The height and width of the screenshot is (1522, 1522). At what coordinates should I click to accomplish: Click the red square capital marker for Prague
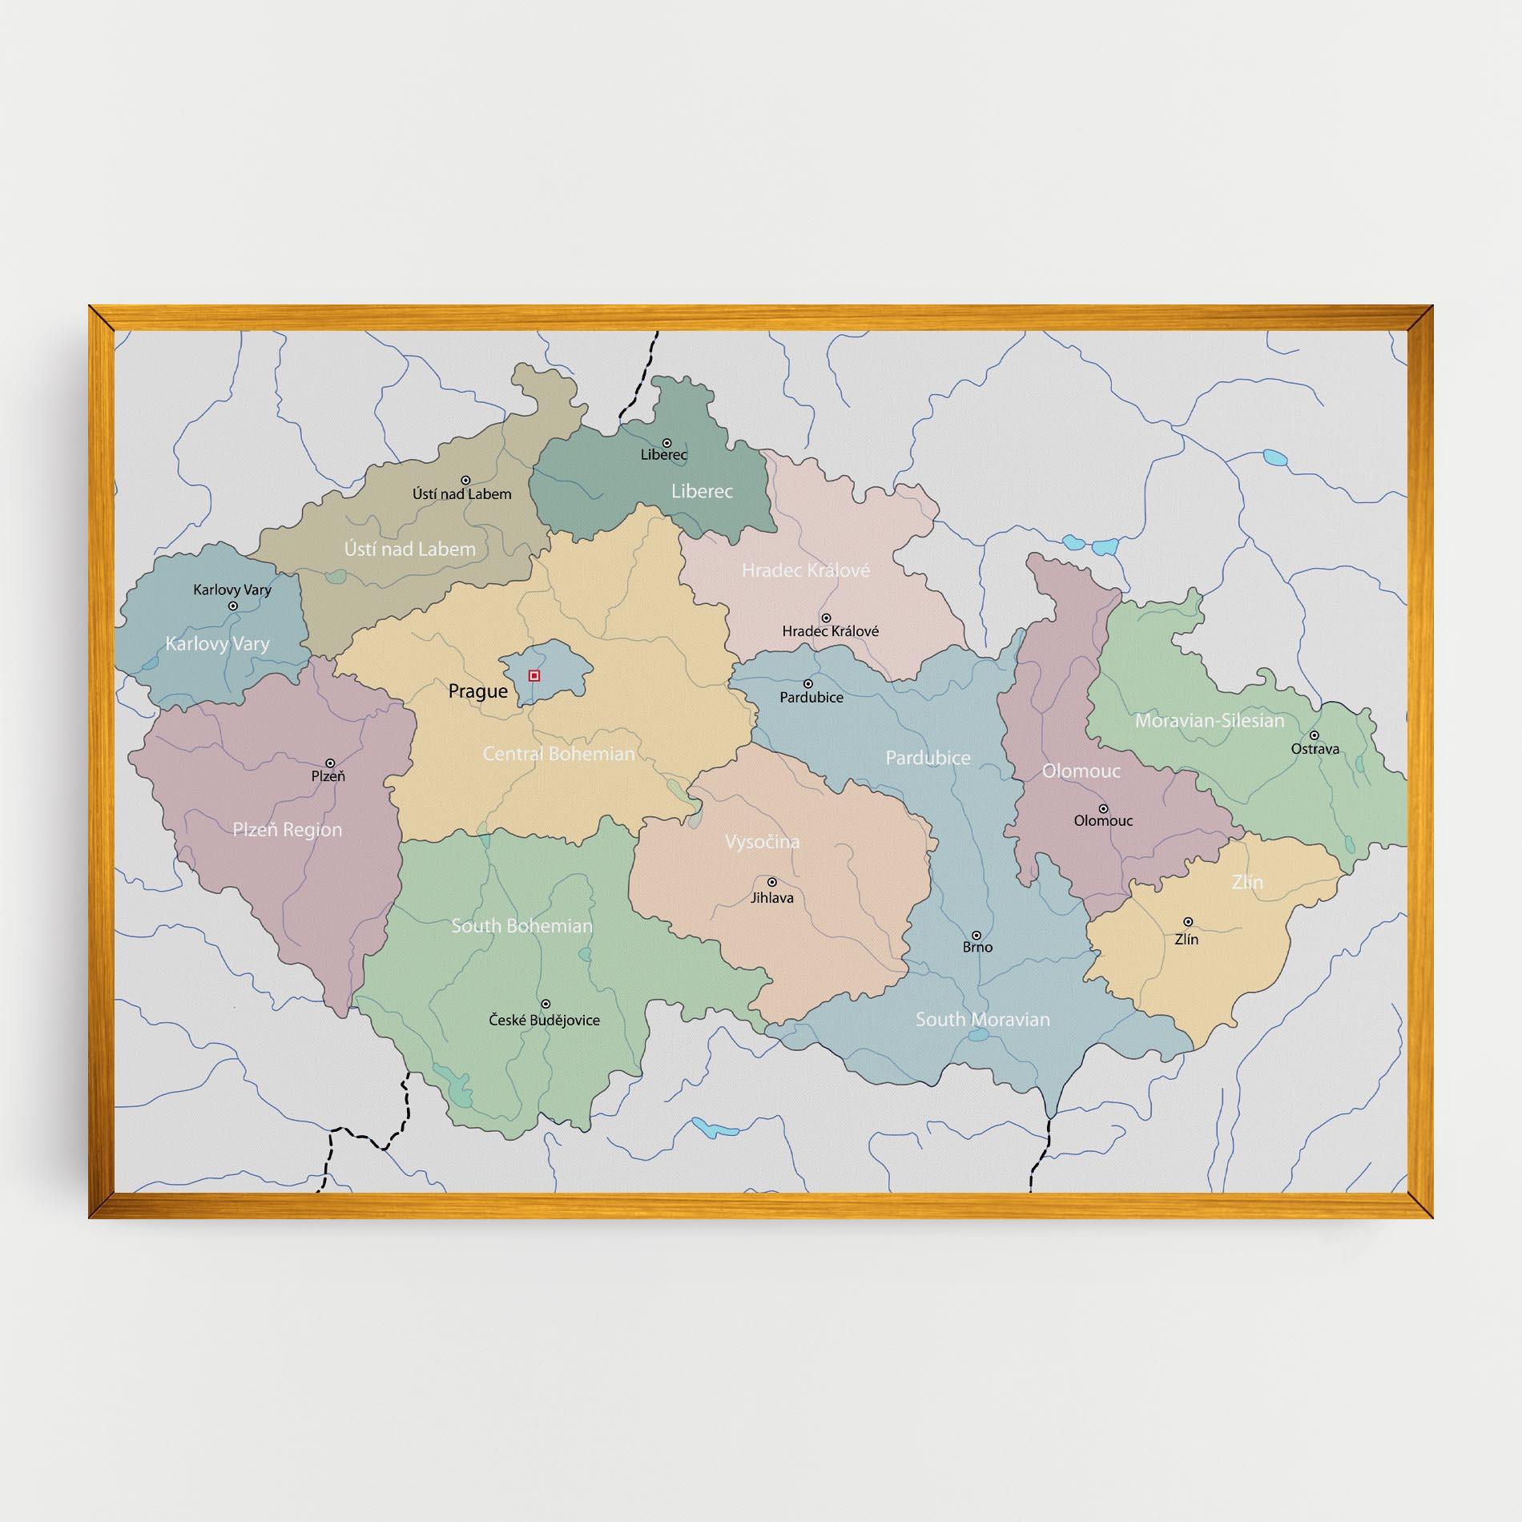pyautogui.click(x=534, y=676)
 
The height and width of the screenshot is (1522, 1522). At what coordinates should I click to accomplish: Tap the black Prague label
pyautogui.click(x=477, y=691)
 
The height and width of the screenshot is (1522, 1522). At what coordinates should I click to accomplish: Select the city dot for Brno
pyautogui.click(x=976, y=935)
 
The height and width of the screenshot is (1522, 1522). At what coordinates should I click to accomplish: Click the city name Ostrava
pyautogui.click(x=1315, y=750)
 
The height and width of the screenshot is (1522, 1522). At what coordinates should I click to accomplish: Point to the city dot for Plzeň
pyautogui.click(x=329, y=763)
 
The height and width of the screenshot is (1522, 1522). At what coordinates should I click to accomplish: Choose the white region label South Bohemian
pyautogui.click(x=521, y=926)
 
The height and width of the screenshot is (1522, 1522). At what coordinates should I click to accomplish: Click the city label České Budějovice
pyautogui.click(x=544, y=1021)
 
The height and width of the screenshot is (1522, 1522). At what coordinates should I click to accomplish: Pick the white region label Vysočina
pyautogui.click(x=762, y=842)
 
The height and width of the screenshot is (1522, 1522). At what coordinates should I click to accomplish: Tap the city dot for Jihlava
pyautogui.click(x=772, y=882)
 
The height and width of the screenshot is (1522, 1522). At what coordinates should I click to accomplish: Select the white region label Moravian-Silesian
pyautogui.click(x=1209, y=721)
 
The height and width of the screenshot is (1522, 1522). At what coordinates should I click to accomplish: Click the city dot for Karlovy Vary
pyautogui.click(x=233, y=606)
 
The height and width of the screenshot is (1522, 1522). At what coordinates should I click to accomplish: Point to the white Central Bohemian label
pyautogui.click(x=558, y=754)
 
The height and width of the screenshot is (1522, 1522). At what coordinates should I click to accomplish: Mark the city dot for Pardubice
pyautogui.click(x=808, y=684)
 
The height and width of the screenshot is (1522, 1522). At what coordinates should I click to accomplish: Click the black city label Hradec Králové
pyautogui.click(x=830, y=631)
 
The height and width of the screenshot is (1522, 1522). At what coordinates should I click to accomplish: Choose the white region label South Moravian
pyautogui.click(x=982, y=1020)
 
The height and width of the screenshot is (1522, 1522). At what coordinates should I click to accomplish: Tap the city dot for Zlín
pyautogui.click(x=1188, y=922)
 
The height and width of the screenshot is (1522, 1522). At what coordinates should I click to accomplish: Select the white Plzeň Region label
pyautogui.click(x=287, y=830)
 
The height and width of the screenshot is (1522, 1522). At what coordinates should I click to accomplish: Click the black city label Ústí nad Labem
pyautogui.click(x=461, y=494)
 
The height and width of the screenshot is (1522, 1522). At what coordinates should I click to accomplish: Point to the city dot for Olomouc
pyautogui.click(x=1103, y=809)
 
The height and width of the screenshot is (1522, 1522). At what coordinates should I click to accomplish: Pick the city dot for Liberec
pyautogui.click(x=666, y=443)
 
